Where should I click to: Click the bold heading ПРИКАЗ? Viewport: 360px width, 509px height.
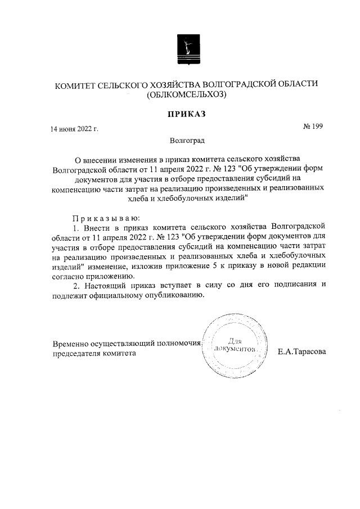(186, 114)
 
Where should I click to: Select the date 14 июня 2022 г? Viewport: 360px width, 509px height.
(75, 129)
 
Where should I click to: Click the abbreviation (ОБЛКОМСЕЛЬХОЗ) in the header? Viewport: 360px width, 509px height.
(186, 95)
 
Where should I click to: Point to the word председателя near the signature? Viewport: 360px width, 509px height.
(75, 354)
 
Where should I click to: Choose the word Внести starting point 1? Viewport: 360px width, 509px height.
(95, 227)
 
